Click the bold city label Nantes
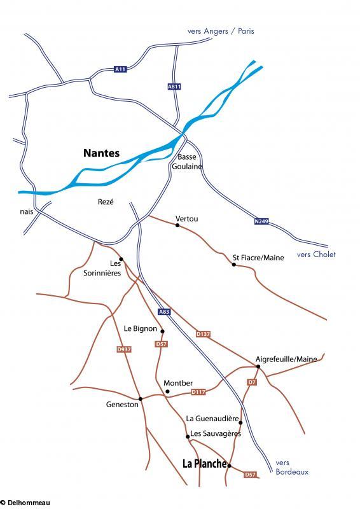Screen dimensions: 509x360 pyautogui.click(x=101, y=153)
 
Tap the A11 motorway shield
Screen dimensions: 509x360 pyautogui.click(x=120, y=69)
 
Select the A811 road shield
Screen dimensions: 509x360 pyautogui.click(x=174, y=86)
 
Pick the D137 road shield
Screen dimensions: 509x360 pyautogui.click(x=203, y=333)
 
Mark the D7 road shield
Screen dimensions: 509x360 pyautogui.click(x=252, y=382)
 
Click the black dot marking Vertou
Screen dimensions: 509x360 pyautogui.click(x=177, y=226)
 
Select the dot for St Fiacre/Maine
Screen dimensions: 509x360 pyautogui.click(x=233, y=265)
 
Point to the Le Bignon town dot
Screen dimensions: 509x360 pyautogui.click(x=163, y=331)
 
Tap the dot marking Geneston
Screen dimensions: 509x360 pyautogui.click(x=140, y=399)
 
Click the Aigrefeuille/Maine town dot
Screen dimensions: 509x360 pyautogui.click(x=258, y=366)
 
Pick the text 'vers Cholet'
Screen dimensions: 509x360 pyautogui.click(x=316, y=254)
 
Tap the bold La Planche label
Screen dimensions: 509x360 pyautogui.click(x=204, y=464)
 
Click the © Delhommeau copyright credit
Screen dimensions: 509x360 pyautogui.click(x=25, y=503)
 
